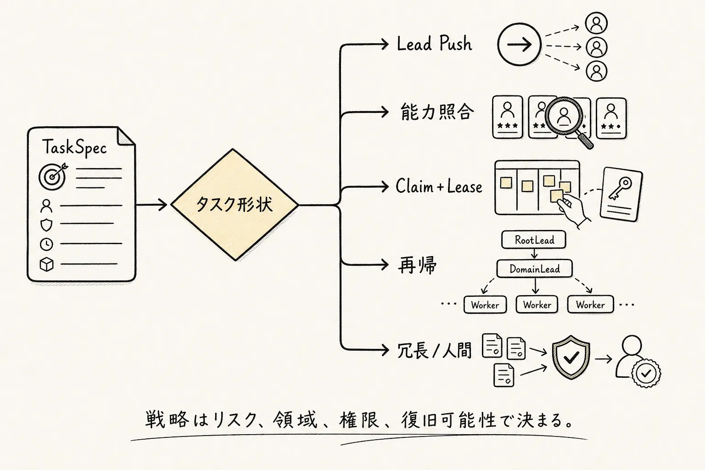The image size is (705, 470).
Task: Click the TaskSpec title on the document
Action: coord(75,147)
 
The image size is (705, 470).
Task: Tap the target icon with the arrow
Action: coord(53,176)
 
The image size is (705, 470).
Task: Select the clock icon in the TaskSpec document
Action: coord(46,244)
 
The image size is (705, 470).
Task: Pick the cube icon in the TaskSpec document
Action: coord(46,264)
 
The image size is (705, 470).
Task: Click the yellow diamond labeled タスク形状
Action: coord(235,205)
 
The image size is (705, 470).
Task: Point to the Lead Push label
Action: coord(434,44)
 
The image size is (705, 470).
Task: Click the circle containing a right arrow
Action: coord(519,45)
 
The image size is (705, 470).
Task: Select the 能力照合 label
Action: coord(437,112)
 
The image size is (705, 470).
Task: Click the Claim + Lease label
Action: coord(439,186)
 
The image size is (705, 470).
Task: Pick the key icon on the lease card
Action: coord(621,188)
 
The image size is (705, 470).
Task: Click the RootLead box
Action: coord(534,240)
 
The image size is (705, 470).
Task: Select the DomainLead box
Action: coord(534,269)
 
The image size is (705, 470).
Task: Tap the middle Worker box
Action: coord(537,304)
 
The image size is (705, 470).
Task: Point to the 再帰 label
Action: coord(417,265)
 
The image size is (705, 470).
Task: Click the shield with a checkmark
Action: coord(571,357)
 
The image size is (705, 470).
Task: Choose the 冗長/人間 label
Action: coord(434,350)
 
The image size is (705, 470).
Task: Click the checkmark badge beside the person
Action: coord(646,373)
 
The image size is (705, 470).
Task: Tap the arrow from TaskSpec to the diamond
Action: coord(151,205)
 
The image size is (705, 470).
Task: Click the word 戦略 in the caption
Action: coord(167,420)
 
